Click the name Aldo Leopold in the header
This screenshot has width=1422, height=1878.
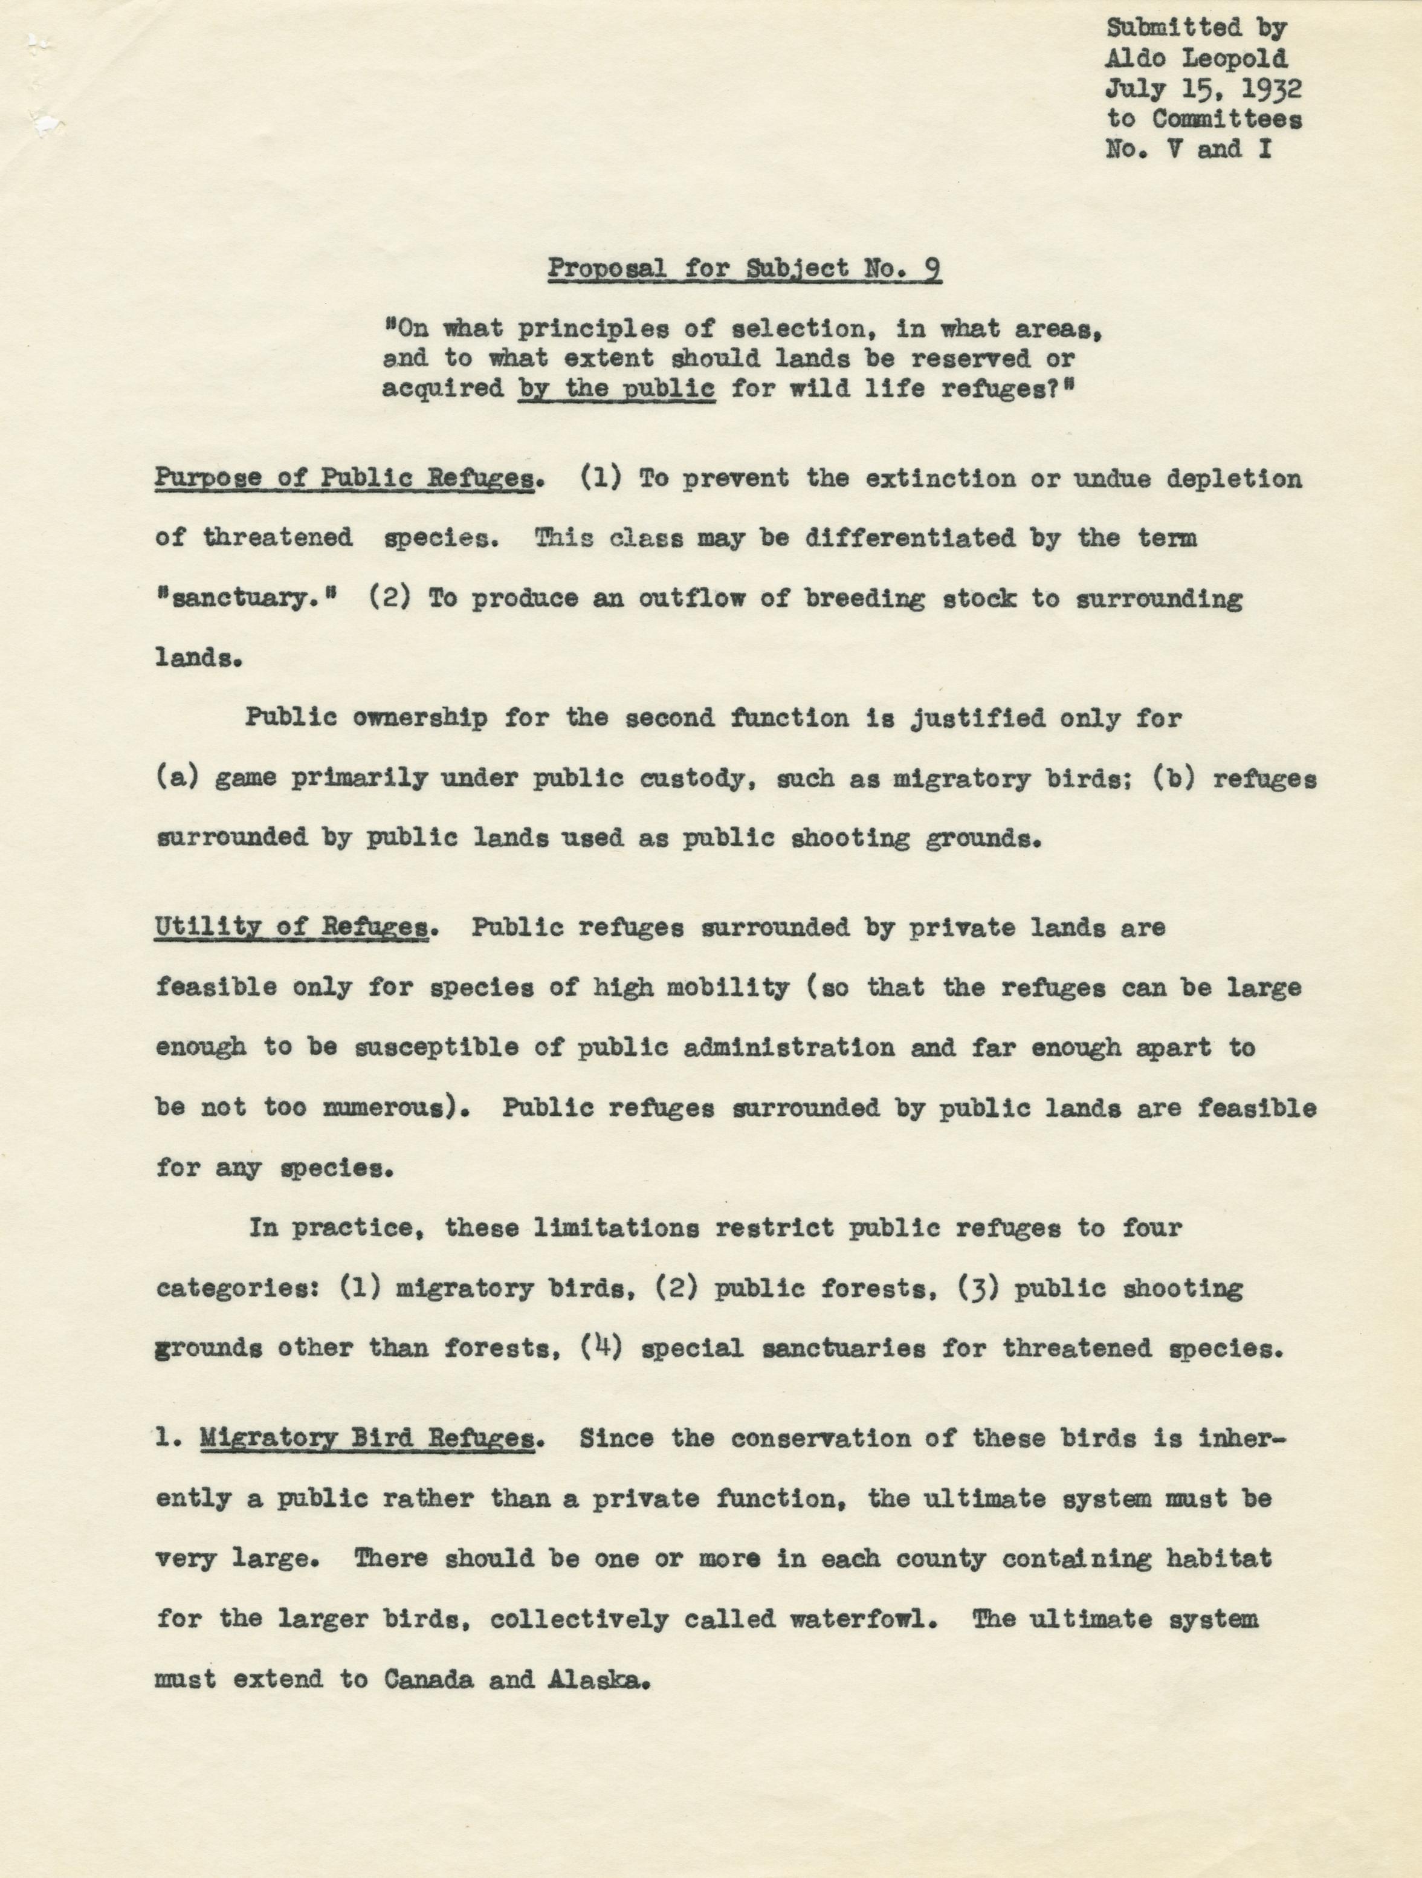click(x=1197, y=59)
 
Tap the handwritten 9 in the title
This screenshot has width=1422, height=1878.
click(x=931, y=268)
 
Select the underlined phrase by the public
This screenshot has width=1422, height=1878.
click(x=616, y=389)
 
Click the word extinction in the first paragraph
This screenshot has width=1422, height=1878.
click(x=940, y=479)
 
